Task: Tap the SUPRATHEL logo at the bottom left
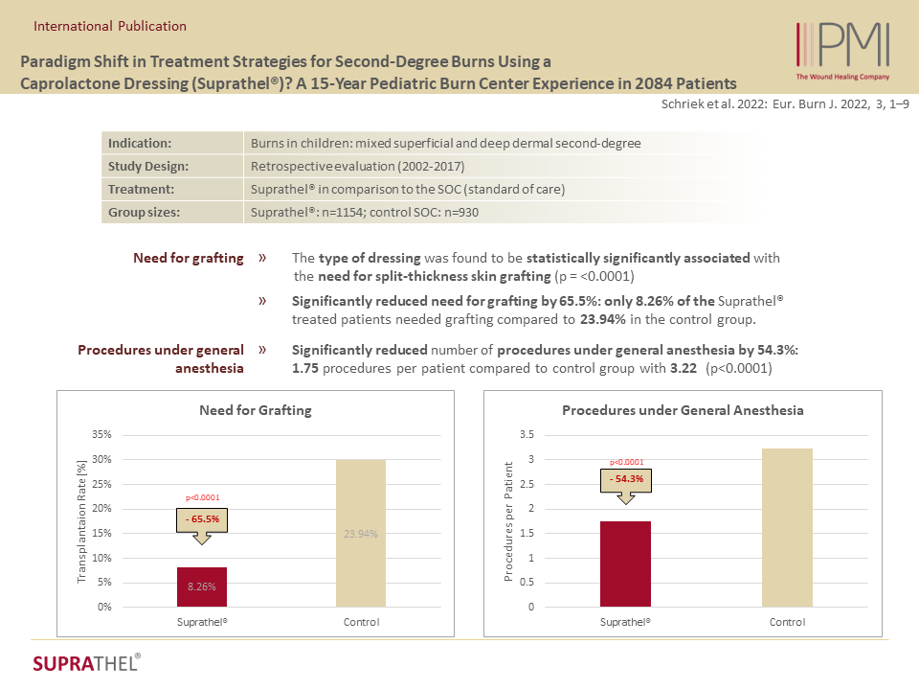click(x=86, y=663)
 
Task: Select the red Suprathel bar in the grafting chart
click(x=202, y=586)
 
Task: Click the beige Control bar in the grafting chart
click(x=361, y=533)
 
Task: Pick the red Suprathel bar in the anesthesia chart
click(x=625, y=563)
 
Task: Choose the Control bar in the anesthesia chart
click(x=787, y=527)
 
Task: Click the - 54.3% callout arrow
click(x=625, y=482)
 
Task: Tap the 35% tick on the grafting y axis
click(x=101, y=434)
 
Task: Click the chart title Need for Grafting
click(x=255, y=410)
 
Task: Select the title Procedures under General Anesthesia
click(x=683, y=410)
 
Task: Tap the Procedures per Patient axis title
click(x=508, y=521)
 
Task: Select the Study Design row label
click(x=148, y=166)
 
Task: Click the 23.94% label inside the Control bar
click(x=361, y=534)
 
